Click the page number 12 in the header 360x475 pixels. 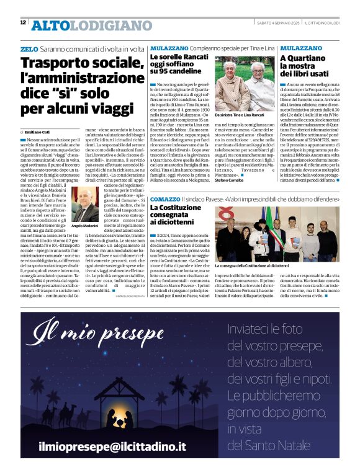coord(23,22)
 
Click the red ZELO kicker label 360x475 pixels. coord(29,48)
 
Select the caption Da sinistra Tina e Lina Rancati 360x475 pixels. coord(243,115)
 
